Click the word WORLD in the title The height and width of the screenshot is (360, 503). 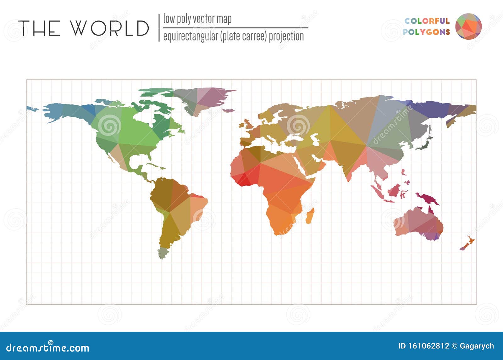pos(109,28)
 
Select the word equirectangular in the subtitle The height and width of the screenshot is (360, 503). pos(191,37)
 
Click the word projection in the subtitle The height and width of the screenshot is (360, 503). pos(286,37)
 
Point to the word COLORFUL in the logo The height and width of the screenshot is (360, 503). pos(427,21)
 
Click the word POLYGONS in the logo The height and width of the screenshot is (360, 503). pos(426,32)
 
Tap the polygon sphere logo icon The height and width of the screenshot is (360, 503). pos(468,26)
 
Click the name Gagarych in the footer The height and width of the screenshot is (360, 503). pos(477,346)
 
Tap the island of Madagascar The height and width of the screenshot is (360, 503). pos(310,216)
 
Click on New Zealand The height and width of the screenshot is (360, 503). pos(468,244)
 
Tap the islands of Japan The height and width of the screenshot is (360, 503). pos(425,143)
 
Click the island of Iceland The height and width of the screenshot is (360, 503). pos(229,110)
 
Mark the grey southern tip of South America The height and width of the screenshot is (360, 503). pos(163,253)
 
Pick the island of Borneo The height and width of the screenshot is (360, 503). pos(394,190)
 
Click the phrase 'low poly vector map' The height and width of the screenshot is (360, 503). pos(197,19)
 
